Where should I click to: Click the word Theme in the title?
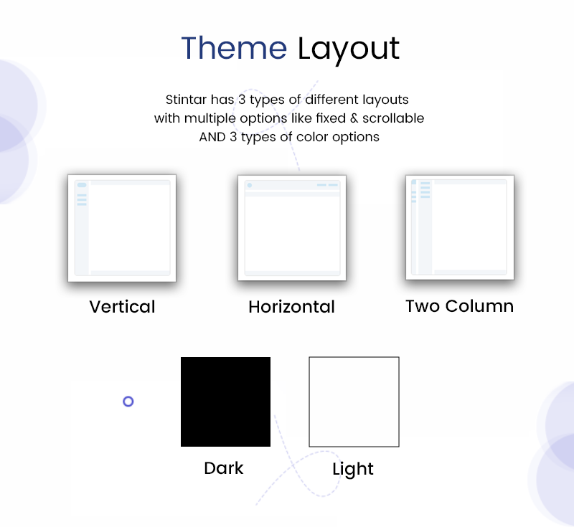pyautogui.click(x=234, y=48)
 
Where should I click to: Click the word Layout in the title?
pyautogui.click(x=349, y=49)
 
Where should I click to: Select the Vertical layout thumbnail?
pyautogui.click(x=122, y=228)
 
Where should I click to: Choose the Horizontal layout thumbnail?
pyautogui.click(x=292, y=228)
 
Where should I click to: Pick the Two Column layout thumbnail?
pyautogui.click(x=460, y=227)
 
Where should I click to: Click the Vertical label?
pyautogui.click(x=122, y=306)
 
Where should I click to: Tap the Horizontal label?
pyautogui.click(x=292, y=306)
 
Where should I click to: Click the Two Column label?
pyautogui.click(x=460, y=305)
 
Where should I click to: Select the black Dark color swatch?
pyautogui.click(x=225, y=402)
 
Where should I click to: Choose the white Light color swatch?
pyautogui.click(x=354, y=402)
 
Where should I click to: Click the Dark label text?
pyautogui.click(x=224, y=468)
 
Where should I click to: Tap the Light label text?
pyautogui.click(x=353, y=469)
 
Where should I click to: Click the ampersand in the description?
pyautogui.click(x=354, y=118)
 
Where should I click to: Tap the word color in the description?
pyautogui.click(x=312, y=137)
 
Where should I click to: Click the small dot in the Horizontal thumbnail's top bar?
pyautogui.click(x=250, y=185)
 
